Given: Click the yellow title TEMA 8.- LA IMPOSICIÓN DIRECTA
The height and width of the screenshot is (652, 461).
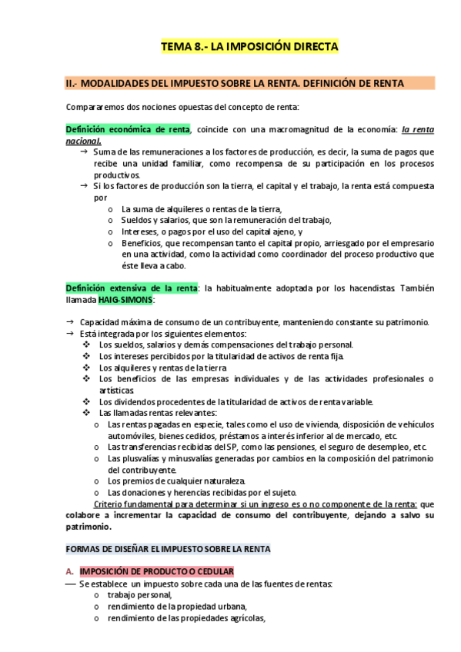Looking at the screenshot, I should tap(249, 48).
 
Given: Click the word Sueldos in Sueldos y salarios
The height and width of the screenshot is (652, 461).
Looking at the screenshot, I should tap(136, 220).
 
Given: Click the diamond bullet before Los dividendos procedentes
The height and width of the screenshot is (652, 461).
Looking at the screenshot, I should tap(85, 401).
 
